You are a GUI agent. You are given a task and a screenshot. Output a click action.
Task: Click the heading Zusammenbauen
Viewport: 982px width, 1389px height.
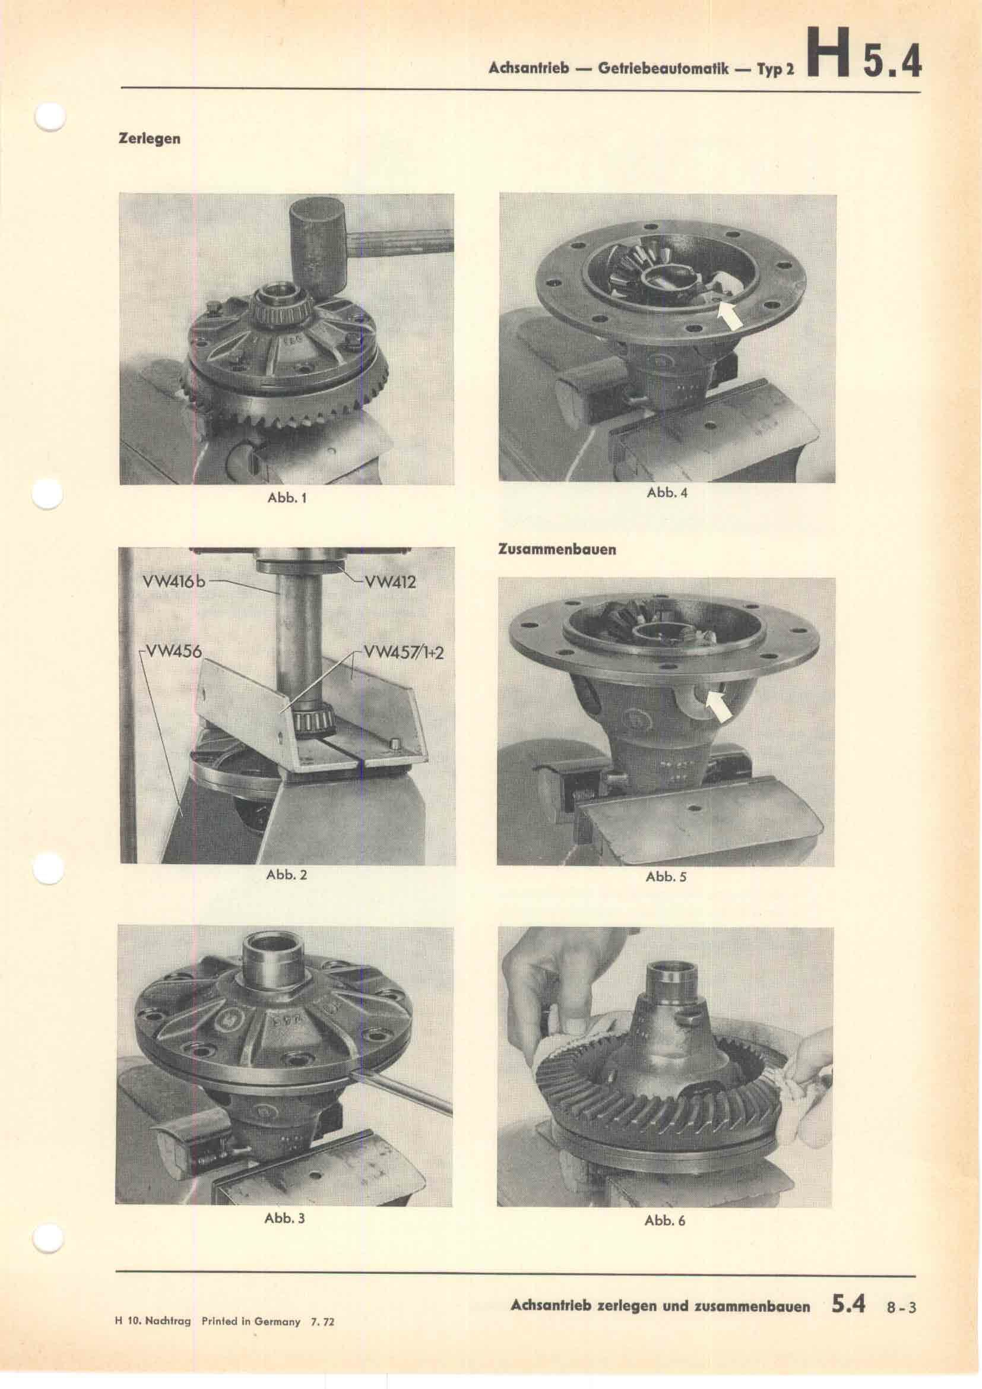coord(556,550)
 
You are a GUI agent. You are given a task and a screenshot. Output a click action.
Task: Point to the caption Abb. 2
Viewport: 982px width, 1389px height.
coord(287,875)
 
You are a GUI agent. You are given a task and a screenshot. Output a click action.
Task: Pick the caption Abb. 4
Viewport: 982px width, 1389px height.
coord(667,492)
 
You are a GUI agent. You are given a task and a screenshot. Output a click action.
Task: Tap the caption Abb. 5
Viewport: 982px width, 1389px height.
coord(666,877)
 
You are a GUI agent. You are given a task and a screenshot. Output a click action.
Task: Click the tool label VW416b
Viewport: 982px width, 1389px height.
coord(174,583)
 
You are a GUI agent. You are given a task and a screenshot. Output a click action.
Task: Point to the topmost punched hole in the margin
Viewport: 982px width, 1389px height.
coord(50,117)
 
